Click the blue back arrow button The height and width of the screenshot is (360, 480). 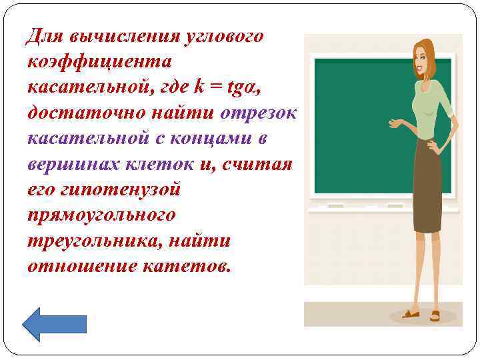pyautogui.click(x=55, y=324)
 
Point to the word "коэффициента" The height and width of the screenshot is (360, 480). pyautogui.click(x=99, y=62)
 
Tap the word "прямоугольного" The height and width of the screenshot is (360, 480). pyautogui.click(x=101, y=215)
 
